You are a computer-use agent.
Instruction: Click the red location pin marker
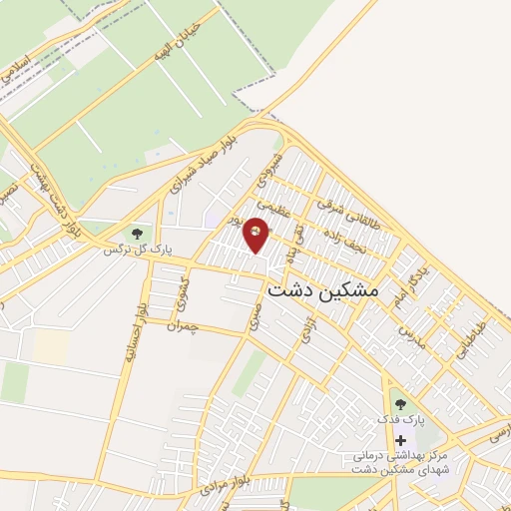257,236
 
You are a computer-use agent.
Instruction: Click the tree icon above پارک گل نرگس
137,234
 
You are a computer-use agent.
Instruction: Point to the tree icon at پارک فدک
400,403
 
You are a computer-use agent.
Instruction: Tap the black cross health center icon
400,440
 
